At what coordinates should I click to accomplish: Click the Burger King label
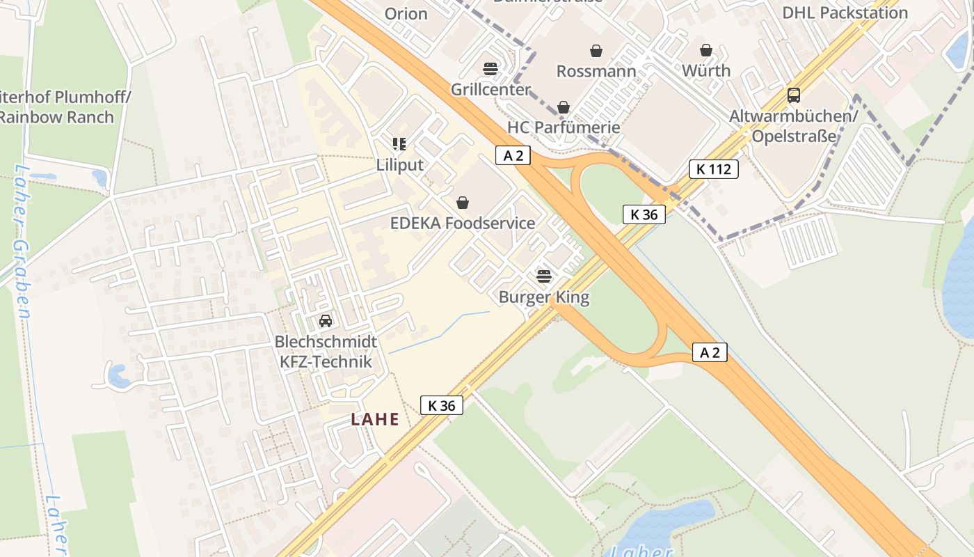pyautogui.click(x=543, y=297)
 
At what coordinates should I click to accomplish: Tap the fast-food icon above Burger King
pyautogui.click(x=543, y=276)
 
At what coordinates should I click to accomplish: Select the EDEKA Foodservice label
pyautogui.click(x=463, y=223)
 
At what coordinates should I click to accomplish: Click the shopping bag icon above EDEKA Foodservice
pyautogui.click(x=463, y=203)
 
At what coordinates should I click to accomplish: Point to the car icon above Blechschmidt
pyautogui.click(x=325, y=321)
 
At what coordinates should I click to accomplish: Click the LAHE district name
pyautogui.click(x=375, y=419)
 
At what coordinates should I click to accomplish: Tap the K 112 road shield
pyautogui.click(x=713, y=168)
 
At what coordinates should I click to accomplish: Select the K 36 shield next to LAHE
pyautogui.click(x=441, y=405)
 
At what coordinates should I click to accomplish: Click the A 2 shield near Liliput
pyautogui.click(x=513, y=155)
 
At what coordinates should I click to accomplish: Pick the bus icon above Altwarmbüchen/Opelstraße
pyautogui.click(x=793, y=95)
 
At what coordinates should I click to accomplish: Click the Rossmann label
pyautogui.click(x=596, y=71)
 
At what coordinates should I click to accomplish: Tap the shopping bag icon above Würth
pyautogui.click(x=706, y=50)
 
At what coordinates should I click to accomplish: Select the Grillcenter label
pyautogui.click(x=490, y=90)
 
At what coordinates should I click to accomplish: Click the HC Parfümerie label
pyautogui.click(x=564, y=127)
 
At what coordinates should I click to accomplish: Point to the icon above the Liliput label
pyautogui.click(x=399, y=144)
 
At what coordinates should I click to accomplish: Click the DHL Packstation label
pyautogui.click(x=845, y=13)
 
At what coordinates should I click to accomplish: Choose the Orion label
pyautogui.click(x=406, y=13)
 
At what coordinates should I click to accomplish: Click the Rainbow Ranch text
pyautogui.click(x=56, y=117)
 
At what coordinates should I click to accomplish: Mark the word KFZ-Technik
pyautogui.click(x=326, y=361)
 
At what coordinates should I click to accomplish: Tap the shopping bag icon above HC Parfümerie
pyautogui.click(x=564, y=107)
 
